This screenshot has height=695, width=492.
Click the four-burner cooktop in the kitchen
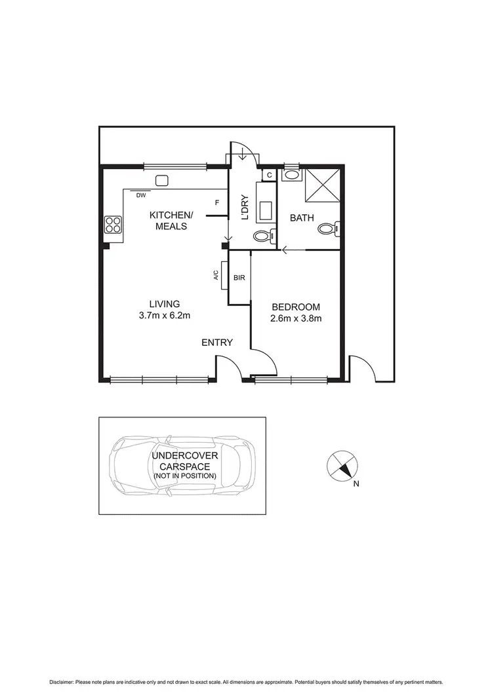coord(113,225)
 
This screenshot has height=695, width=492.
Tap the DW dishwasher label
coord(140,195)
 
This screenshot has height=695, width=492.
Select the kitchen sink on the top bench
coord(161,181)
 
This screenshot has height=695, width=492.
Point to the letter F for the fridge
coord(216,202)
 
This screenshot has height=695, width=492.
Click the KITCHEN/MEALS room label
coord(171,221)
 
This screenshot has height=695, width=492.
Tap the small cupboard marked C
coord(270,175)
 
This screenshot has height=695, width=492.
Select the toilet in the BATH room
coord(326,228)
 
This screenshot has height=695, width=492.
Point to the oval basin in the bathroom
coord(291,175)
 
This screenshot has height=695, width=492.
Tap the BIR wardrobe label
coord(239,278)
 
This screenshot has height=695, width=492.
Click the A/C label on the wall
coord(215,276)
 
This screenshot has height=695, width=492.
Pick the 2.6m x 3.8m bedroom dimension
coord(296,319)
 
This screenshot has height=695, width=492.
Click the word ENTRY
coord(216,343)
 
